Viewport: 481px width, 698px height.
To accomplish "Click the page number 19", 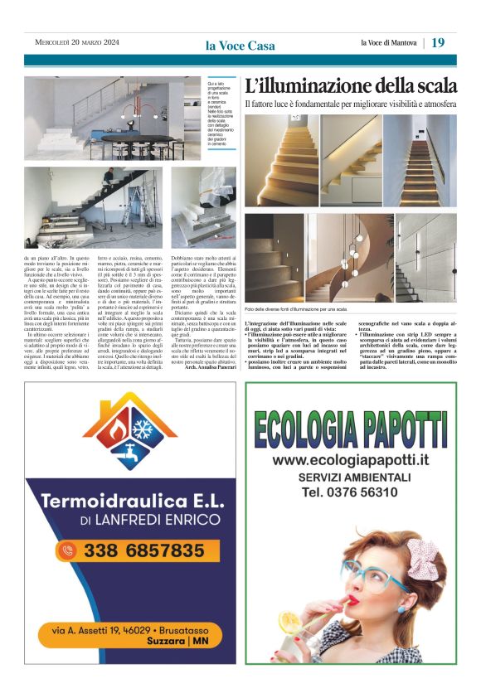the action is click(438, 42).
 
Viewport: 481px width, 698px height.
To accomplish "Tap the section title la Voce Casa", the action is click(240, 45).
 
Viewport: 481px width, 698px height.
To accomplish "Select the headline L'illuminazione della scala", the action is click(351, 85).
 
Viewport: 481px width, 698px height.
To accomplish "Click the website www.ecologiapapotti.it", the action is click(351, 460).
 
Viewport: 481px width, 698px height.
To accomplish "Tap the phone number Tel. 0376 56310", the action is click(350, 492).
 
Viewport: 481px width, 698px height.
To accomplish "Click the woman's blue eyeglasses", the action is click(372, 573).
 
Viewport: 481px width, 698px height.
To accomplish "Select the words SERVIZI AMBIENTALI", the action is click(351, 477).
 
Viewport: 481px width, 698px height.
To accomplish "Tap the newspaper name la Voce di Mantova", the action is click(388, 43).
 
